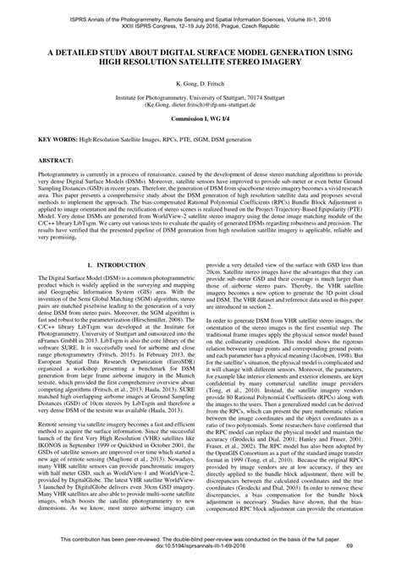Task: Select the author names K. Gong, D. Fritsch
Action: tap(200, 85)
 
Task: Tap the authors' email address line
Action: tap(200, 107)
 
